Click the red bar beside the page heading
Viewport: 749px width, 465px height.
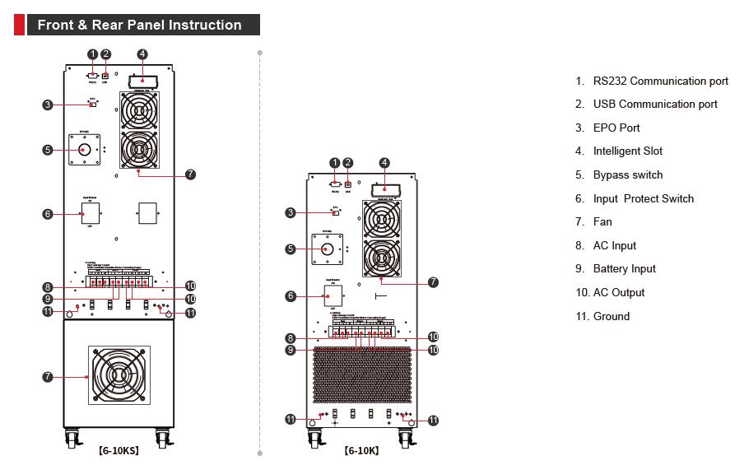(19, 25)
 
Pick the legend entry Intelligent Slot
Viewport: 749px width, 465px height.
(627, 151)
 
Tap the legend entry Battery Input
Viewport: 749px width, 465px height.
(624, 269)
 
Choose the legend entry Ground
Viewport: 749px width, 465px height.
(611, 316)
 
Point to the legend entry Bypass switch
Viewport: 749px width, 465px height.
(627, 174)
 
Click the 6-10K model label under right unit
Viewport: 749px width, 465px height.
(362, 451)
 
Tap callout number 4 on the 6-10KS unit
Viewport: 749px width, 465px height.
(142, 54)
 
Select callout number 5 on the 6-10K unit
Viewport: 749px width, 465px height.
(291, 249)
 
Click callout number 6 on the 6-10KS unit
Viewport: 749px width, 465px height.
(48, 214)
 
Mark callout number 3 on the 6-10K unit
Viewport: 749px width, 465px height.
(291, 213)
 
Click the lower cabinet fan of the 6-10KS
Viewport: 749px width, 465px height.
(119, 375)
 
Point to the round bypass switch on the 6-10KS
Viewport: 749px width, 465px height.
(85, 150)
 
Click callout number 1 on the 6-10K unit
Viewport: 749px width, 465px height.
(334, 163)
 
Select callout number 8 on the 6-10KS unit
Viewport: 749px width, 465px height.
(48, 286)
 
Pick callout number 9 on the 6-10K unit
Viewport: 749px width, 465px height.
(291, 350)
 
